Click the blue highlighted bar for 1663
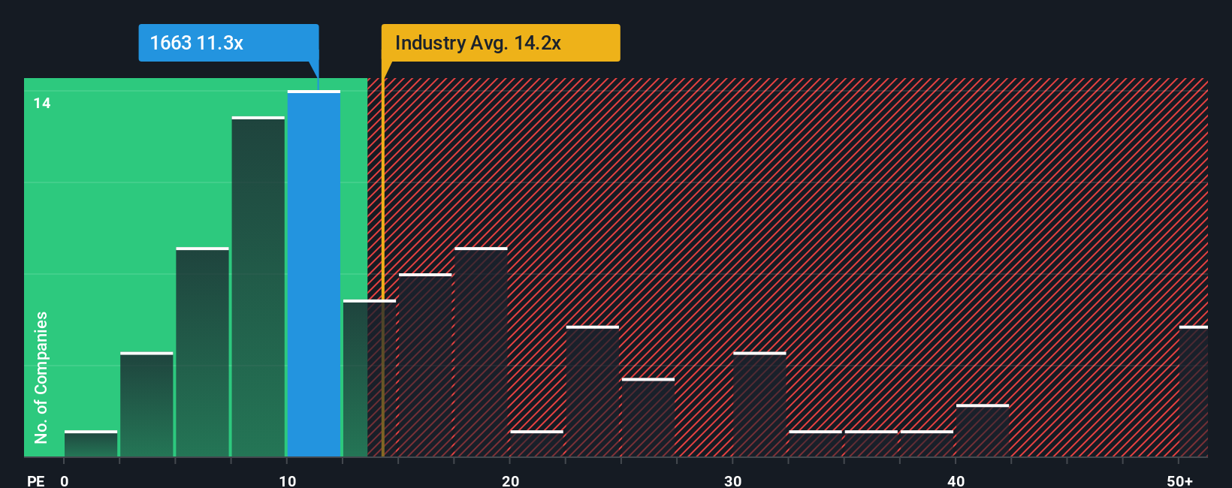[314, 274]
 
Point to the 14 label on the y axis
[42, 103]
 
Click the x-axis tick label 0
[65, 480]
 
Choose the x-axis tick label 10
[287, 480]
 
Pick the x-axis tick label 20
[510, 480]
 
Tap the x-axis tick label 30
[732, 480]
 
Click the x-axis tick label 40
[956, 480]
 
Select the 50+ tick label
[1179, 480]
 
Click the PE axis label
[35, 480]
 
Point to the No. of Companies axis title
[41, 377]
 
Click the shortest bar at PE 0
[91, 444]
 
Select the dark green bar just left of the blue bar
[258, 287]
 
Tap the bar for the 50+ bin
[1193, 391]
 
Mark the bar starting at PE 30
[759, 405]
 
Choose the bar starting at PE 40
[983, 431]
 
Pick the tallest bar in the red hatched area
[481, 352]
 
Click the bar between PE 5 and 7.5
[203, 352]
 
